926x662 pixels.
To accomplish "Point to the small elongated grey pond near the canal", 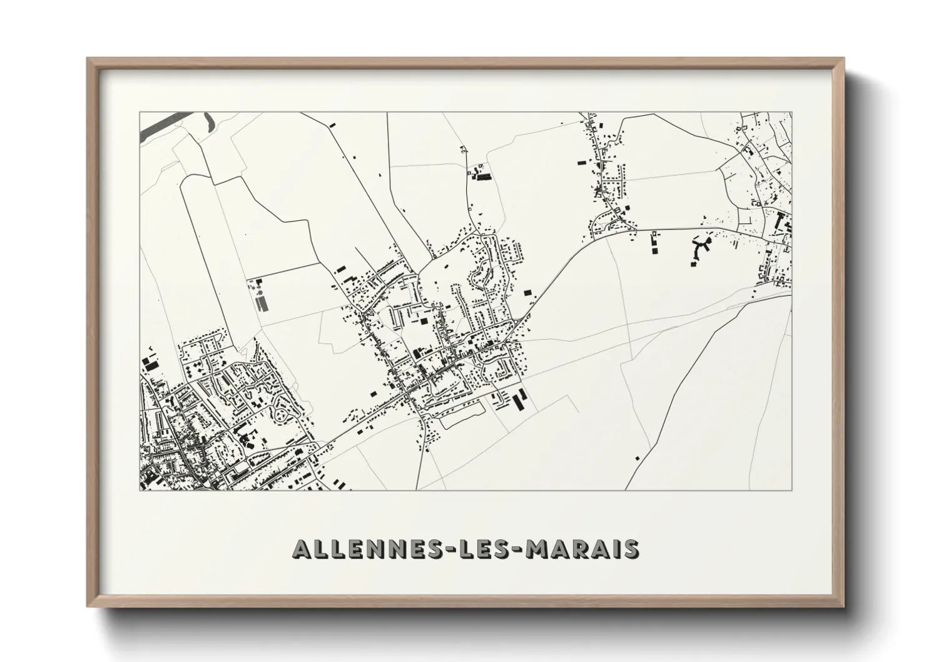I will click(208, 120).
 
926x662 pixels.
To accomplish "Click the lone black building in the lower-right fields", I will click(637, 458).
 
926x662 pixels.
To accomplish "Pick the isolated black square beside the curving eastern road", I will click(527, 292).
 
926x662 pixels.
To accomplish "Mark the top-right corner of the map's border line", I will click(791, 113).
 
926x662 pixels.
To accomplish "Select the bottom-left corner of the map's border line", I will click(140, 490).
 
